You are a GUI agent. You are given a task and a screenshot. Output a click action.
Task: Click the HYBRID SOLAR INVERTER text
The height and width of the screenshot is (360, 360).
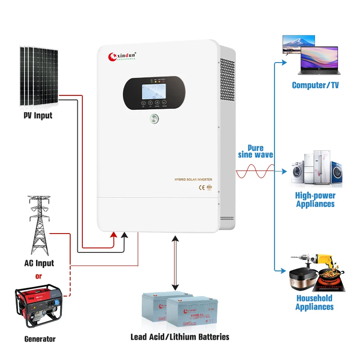point(193,180)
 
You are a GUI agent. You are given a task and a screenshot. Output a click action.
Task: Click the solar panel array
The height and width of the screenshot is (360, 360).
point(38,76)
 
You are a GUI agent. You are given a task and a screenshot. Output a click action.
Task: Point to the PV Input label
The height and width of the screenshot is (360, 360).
point(38,116)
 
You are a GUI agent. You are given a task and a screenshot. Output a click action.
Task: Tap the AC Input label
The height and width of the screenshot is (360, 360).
point(39,263)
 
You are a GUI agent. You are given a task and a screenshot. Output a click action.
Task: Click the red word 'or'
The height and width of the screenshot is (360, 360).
point(38,276)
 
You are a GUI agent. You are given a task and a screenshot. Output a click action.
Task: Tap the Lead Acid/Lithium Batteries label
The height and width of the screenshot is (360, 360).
point(180,337)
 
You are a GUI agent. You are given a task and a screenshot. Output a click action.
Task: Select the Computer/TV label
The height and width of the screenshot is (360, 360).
point(315,85)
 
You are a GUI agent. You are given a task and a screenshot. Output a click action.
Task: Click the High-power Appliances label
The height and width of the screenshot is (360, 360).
point(315,200)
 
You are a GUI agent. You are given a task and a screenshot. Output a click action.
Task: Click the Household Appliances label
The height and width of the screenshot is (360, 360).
point(315,302)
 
